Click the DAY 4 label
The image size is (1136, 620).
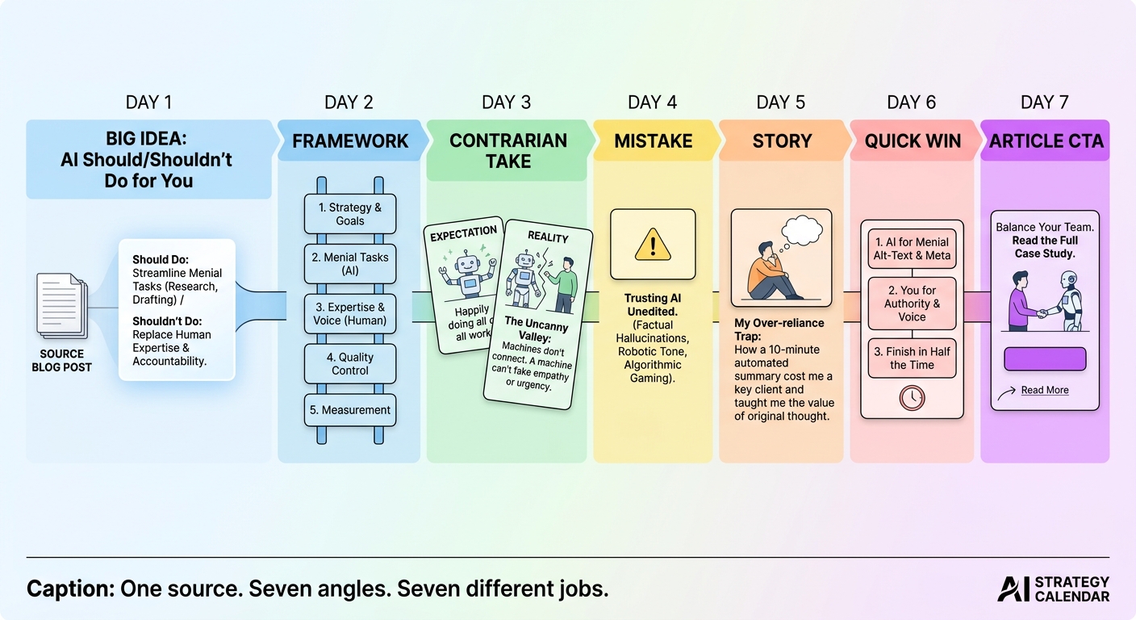pos(652,103)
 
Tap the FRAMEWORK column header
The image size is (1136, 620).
pos(350,140)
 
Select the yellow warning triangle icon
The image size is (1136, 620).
pos(653,245)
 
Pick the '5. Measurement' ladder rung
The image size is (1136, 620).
pos(350,410)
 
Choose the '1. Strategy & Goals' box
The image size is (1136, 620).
pos(350,214)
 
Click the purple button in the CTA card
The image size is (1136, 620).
pos(1045,359)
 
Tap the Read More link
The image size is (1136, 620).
pos(1045,390)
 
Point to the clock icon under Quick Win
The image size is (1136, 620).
pos(912,398)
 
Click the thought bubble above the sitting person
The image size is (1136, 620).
pos(802,230)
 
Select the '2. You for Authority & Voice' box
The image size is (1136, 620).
pos(912,304)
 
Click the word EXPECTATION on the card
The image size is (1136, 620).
pos(464,233)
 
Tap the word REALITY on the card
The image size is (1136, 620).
pos(548,237)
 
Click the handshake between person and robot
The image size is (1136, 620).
pos(1042,313)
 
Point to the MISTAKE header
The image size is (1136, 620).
pos(654,140)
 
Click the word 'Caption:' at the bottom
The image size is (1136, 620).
pos(71,589)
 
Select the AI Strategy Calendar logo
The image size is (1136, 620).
pos(1054,589)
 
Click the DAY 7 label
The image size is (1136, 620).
pos(1045,103)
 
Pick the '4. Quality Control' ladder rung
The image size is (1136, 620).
pos(350,364)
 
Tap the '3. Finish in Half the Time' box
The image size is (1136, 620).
pos(912,358)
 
